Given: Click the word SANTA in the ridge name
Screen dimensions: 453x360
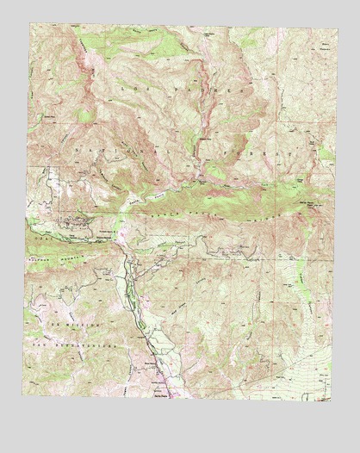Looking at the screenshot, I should (155, 211).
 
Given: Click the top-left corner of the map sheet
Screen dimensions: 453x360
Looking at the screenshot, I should (29, 23).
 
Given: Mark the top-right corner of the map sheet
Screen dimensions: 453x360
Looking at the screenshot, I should (332, 25).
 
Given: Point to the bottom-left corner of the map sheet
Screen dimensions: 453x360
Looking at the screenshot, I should (23, 397).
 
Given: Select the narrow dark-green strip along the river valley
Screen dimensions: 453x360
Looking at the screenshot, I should (131, 293).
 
